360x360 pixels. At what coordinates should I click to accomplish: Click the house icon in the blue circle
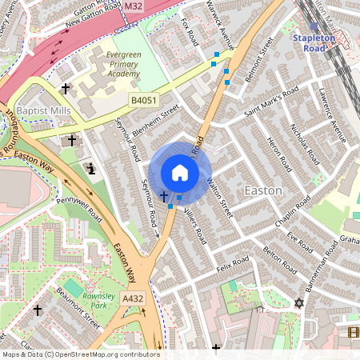click(180, 173)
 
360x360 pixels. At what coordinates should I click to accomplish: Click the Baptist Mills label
click(43, 110)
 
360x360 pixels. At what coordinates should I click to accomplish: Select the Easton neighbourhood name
click(262, 191)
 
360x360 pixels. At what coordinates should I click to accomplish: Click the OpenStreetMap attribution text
click(80, 354)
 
